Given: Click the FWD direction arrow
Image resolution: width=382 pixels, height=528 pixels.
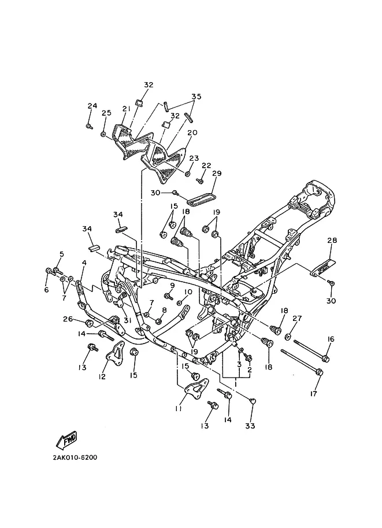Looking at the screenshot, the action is tap(66, 440).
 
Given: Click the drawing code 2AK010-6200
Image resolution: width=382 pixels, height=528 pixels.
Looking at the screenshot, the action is tap(75, 457).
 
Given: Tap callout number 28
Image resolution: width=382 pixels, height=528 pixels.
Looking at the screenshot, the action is tap(332, 240).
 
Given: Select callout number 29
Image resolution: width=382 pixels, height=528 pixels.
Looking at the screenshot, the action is tap(217, 173).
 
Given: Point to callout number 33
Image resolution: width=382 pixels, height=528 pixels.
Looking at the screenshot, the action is tap(250, 426).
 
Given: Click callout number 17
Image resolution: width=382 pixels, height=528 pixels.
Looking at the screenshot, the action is tap(314, 393).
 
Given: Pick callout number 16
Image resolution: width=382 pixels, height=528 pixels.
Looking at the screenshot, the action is tap(331, 339).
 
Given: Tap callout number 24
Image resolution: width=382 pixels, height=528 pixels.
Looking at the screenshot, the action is tap(92, 106).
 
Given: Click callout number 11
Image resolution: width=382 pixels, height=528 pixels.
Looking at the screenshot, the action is tap(179, 408).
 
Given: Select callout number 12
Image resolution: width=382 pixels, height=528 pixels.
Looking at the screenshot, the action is tap(102, 376).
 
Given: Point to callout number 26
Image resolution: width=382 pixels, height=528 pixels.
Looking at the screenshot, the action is tap(68, 319).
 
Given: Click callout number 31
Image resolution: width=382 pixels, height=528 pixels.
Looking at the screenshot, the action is tap(127, 320).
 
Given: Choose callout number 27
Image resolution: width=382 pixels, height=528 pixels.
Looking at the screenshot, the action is tap(297, 318).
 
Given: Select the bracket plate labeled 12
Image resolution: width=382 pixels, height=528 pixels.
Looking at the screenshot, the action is tap(115, 354).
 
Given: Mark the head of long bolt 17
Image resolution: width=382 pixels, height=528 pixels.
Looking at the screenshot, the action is tap(320, 372).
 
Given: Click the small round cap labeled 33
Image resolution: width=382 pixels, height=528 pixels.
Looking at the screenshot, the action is tap(254, 400).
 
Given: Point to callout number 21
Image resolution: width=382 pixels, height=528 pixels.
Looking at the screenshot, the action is tap(126, 109).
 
